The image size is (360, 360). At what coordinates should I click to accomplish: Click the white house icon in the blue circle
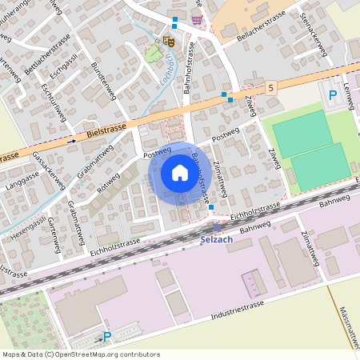180,173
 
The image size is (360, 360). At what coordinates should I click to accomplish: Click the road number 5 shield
272,86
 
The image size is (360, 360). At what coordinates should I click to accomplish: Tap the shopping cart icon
197,20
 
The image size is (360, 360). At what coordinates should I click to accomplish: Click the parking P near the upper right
333,95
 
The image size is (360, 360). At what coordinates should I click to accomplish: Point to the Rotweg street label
107,183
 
